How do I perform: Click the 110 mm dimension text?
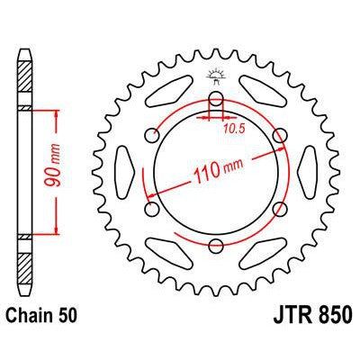(218, 170)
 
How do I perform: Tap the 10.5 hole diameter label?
(234, 129)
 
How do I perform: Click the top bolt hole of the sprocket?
(216, 98)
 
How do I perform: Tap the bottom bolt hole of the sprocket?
(216, 247)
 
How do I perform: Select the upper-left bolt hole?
(151, 135)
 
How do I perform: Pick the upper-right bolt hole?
(280, 135)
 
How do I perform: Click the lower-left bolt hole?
(151, 209)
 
